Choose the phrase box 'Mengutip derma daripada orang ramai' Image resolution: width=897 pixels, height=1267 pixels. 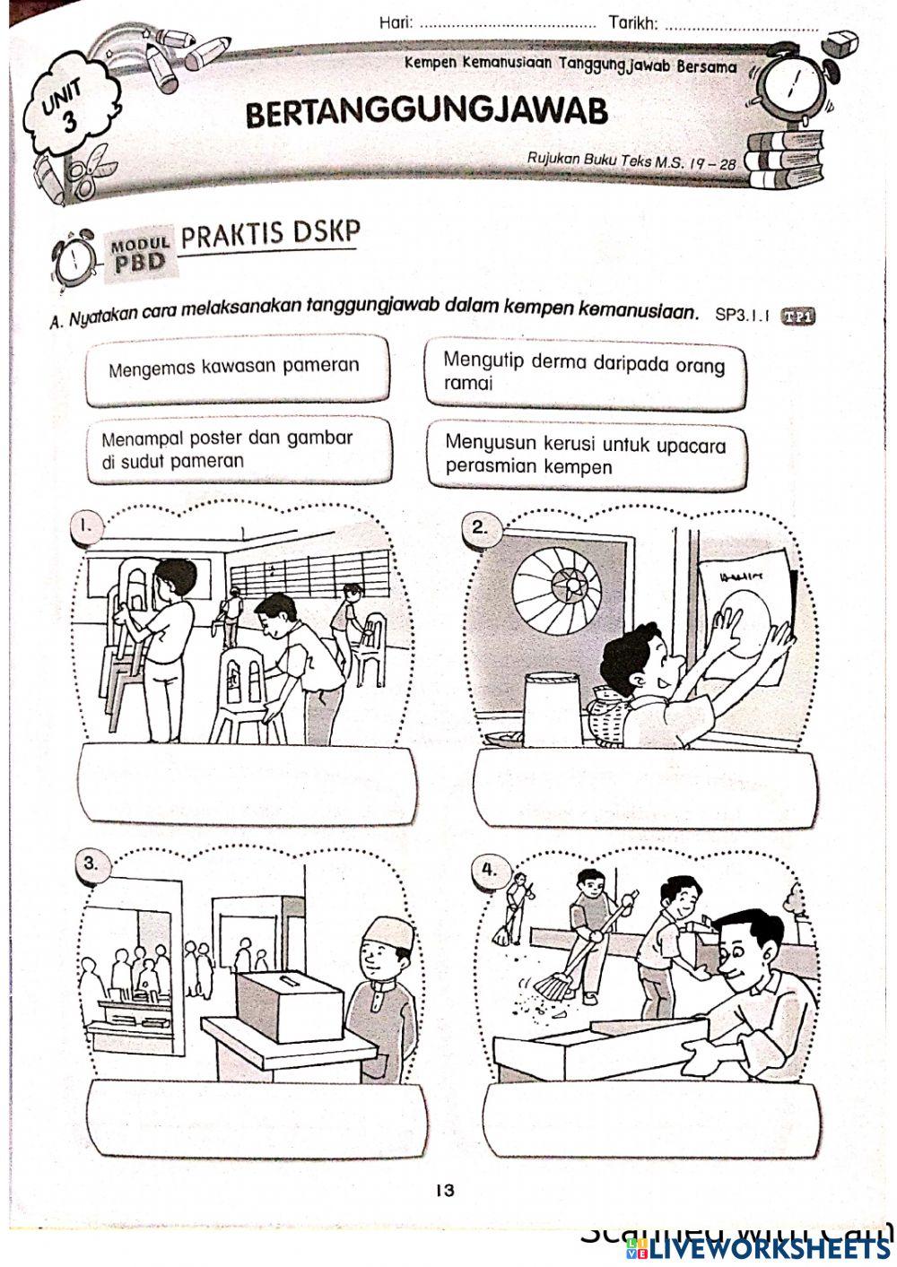[x=584, y=372]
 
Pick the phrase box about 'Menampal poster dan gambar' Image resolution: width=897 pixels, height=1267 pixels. [x=239, y=450]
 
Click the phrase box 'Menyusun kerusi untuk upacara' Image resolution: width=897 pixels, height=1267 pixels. [x=587, y=456]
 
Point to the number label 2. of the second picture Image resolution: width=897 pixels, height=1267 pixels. [x=481, y=527]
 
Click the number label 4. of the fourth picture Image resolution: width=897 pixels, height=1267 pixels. [x=489, y=869]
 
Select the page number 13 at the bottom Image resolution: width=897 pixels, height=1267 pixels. [x=445, y=1191]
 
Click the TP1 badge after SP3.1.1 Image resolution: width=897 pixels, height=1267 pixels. [x=798, y=316]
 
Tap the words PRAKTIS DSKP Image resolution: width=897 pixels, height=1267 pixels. [x=270, y=235]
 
